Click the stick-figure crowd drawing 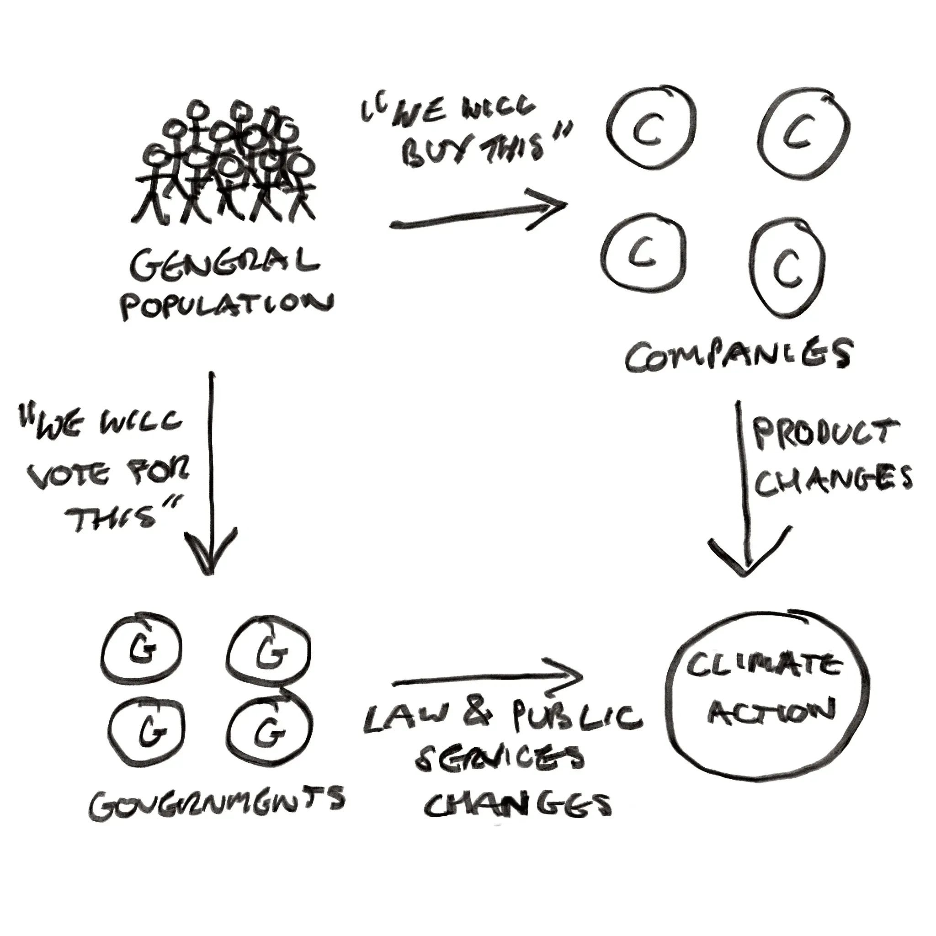[x=225, y=165]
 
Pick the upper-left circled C [x=649, y=127]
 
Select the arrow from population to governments [x=211, y=470]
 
